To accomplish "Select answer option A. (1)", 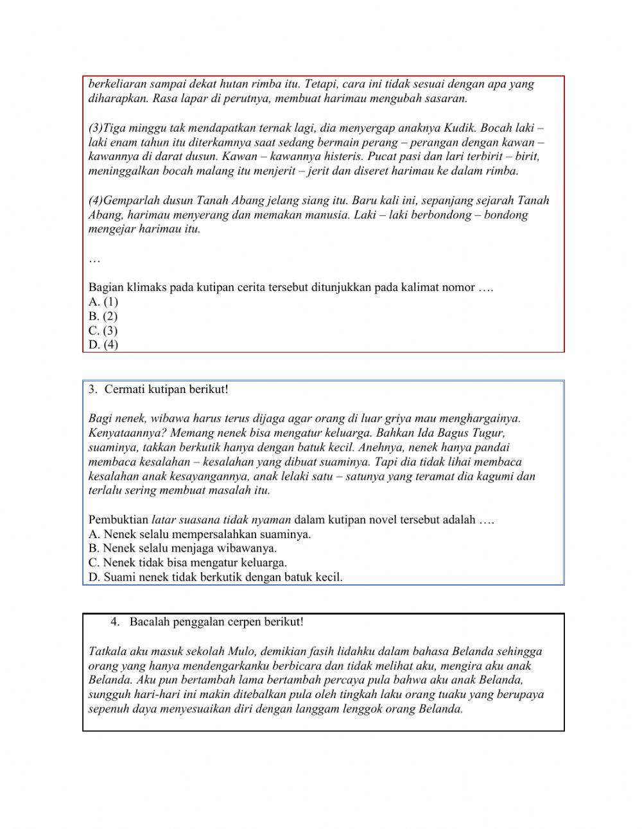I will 103,302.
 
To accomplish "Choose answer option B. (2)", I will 103,316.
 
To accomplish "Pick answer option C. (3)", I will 103,331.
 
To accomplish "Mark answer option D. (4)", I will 103,345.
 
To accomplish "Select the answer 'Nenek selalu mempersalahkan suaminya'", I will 199,534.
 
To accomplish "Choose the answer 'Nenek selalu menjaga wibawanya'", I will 182,548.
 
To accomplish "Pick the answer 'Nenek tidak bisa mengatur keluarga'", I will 187,563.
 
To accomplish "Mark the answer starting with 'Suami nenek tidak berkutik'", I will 215,577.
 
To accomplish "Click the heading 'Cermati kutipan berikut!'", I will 166,389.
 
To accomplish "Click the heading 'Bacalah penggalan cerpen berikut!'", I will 216,622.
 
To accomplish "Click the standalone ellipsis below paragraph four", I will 94,259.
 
